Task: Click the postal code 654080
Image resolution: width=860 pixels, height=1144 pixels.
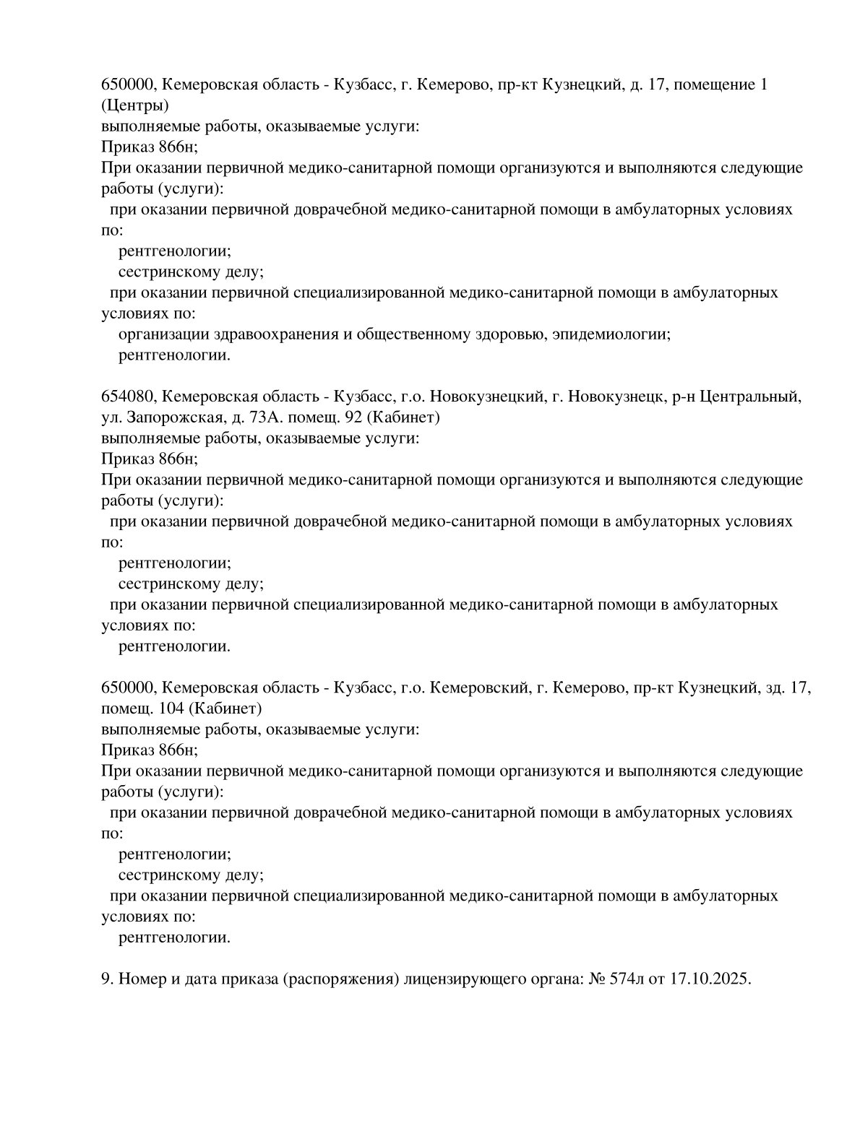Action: tap(129, 396)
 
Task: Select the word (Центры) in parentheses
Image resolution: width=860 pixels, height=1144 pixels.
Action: tap(135, 105)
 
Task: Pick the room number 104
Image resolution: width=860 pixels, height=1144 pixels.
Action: tap(171, 708)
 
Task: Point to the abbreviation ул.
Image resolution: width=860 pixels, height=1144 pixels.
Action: tap(111, 417)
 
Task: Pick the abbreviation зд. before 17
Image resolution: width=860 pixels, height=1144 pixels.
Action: tap(774, 688)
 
